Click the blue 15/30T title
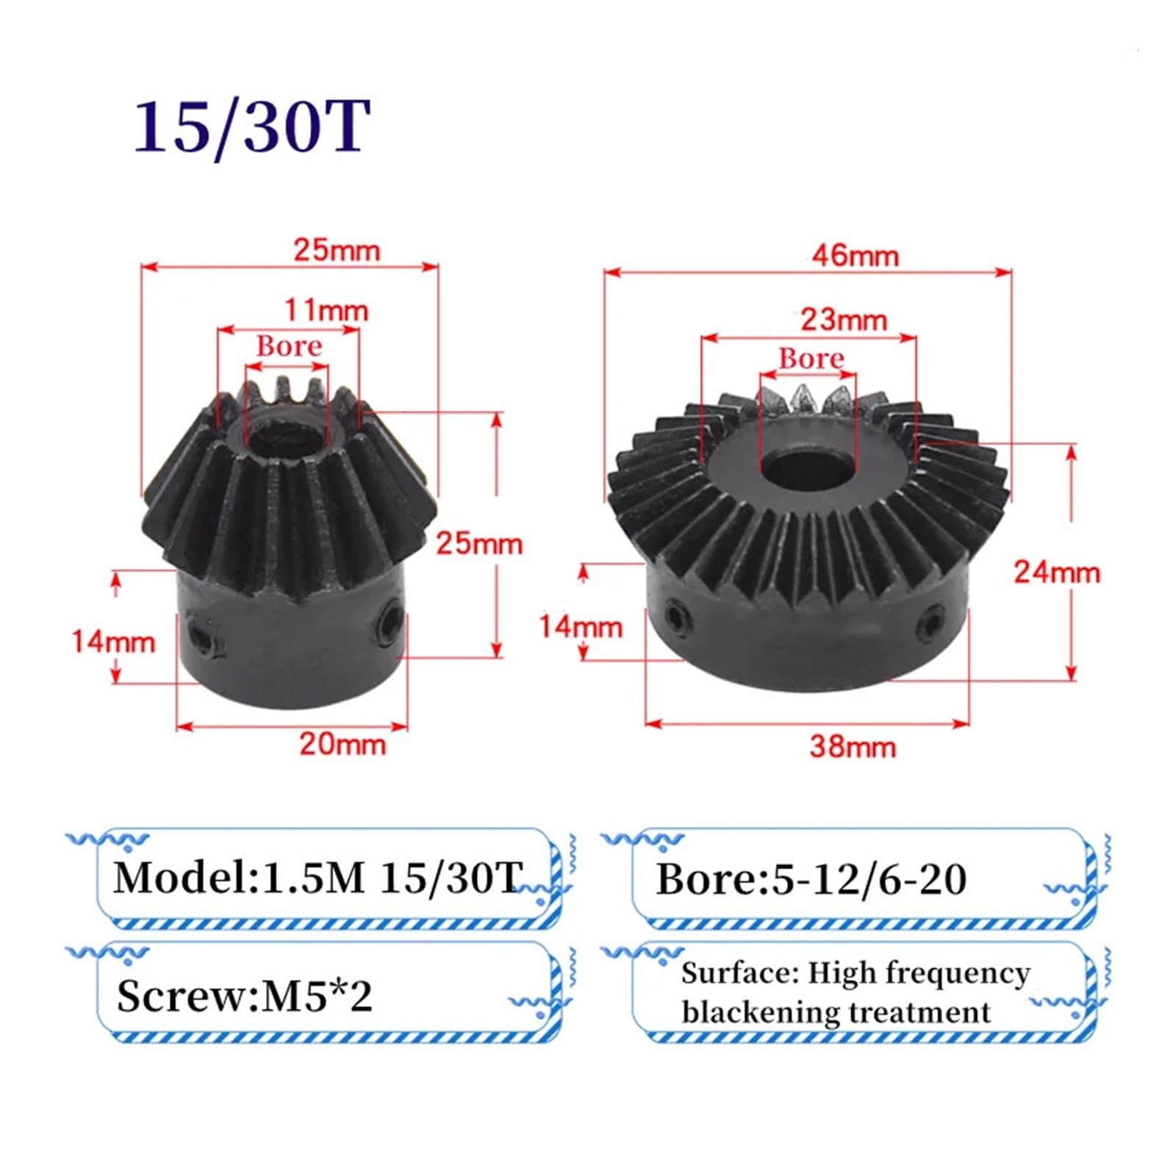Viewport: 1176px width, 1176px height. tap(251, 126)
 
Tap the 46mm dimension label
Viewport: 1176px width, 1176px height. tap(855, 256)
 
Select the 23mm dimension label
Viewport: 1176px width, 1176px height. tap(844, 320)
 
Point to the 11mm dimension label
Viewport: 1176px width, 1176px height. tap(326, 310)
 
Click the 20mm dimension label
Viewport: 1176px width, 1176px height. tap(343, 744)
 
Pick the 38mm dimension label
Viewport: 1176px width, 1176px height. tap(853, 747)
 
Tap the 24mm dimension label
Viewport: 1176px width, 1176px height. tap(1057, 572)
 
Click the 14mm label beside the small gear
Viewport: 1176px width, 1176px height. tap(113, 642)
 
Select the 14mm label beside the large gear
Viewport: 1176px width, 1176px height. tap(581, 626)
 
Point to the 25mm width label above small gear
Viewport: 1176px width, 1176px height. tap(337, 250)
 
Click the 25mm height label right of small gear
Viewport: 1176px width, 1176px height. tap(479, 544)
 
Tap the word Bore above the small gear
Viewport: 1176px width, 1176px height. tap(289, 346)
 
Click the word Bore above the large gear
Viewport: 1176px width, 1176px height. tap(811, 359)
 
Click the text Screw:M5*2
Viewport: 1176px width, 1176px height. tap(244, 997)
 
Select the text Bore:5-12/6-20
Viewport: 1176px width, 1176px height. tap(811, 879)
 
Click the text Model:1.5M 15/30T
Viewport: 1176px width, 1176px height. tap(318, 878)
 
